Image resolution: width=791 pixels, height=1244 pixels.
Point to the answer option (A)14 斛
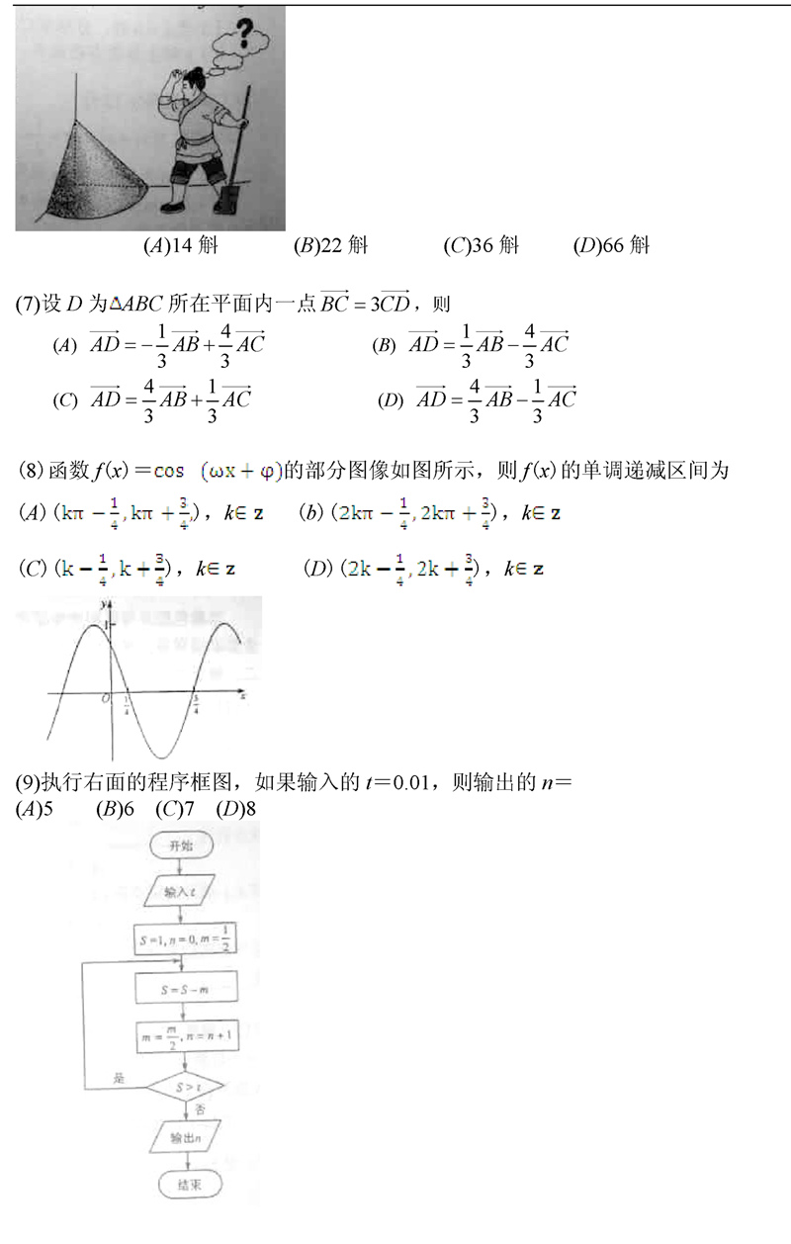tap(180, 246)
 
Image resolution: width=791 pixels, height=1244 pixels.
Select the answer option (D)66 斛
tap(611, 246)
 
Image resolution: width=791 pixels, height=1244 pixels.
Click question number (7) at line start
tap(28, 304)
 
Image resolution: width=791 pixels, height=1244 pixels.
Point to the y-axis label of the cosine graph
tap(102, 602)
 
